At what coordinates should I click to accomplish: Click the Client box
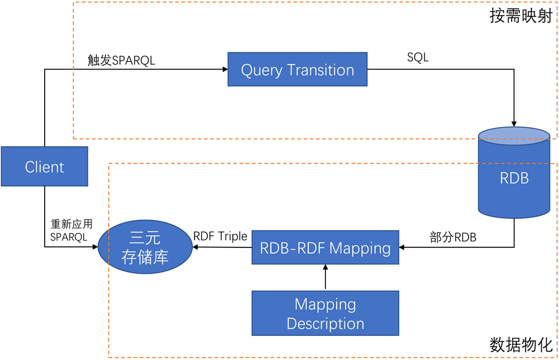click(x=45, y=166)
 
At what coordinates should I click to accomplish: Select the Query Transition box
click(x=298, y=70)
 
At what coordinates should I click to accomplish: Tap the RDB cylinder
click(x=514, y=178)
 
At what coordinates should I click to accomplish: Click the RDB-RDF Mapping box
click(x=325, y=248)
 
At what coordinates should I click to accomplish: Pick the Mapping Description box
click(x=325, y=314)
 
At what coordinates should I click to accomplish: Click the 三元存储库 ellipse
click(x=145, y=248)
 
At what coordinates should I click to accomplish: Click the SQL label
click(x=418, y=57)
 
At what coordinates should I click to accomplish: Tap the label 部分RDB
click(x=453, y=236)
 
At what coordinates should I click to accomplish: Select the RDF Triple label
click(x=220, y=236)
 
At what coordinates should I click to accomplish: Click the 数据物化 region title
click(x=521, y=344)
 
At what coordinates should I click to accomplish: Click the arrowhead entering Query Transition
click(x=225, y=69)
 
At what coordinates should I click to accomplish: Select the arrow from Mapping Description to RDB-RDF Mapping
click(x=325, y=277)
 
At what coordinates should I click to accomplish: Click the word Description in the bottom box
click(x=325, y=323)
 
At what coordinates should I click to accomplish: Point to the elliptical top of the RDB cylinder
click(x=514, y=136)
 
